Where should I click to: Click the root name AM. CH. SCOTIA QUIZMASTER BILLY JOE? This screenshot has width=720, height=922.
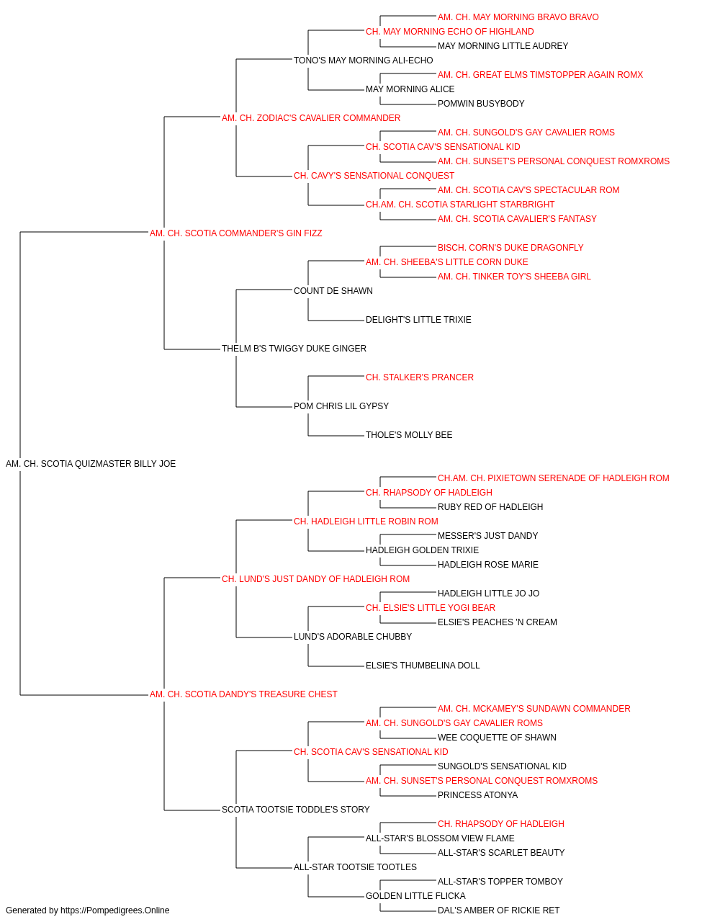pos(91,464)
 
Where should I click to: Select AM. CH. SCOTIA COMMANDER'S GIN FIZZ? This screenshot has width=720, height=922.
pos(235,233)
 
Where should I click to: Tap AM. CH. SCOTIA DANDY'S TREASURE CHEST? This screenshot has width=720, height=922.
pos(243,694)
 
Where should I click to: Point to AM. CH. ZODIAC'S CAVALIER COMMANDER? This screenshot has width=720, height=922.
pos(311,118)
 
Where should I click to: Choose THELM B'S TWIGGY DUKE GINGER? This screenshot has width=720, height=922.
pos(294,349)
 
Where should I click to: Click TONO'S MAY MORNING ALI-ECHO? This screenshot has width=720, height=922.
pos(364,61)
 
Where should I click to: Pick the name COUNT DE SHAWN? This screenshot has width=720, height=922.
pos(333,290)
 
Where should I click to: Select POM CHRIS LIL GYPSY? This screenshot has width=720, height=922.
pos(341,406)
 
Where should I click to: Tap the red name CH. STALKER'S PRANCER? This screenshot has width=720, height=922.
pos(420,377)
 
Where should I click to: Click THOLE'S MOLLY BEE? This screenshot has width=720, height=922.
pos(409,435)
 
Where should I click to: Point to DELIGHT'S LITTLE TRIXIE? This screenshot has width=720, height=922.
pos(418,320)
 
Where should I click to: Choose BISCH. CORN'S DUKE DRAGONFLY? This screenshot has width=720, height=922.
pos(510,247)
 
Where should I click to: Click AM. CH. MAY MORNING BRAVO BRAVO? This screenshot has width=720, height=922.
pos(518,17)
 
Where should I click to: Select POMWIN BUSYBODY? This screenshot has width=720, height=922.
pos(481,104)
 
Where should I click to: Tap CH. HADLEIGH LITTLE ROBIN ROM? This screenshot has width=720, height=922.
pos(366,521)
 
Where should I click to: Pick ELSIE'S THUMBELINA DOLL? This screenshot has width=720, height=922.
pos(423,666)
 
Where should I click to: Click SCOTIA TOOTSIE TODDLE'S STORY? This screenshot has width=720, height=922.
pos(295,809)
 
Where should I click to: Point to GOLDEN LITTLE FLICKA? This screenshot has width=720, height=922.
pos(415,895)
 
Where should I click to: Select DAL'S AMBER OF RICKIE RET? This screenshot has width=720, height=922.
pos(499,910)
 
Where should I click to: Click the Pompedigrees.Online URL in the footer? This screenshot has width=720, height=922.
pos(115,910)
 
